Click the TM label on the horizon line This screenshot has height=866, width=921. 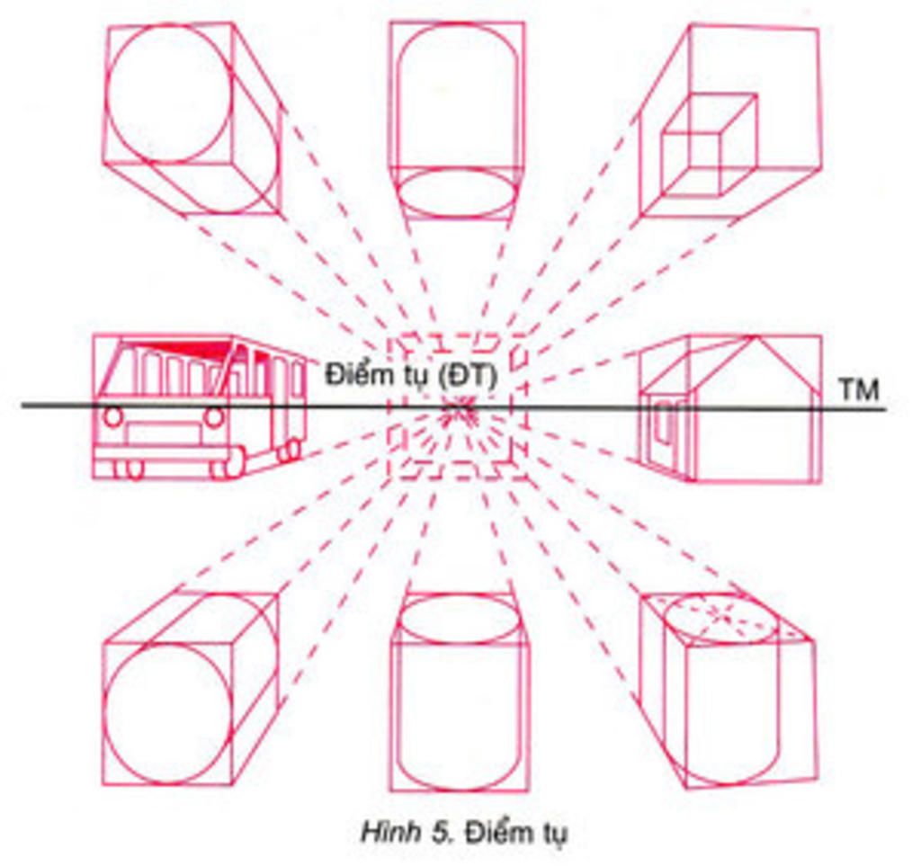(x=859, y=389)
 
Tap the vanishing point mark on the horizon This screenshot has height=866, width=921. (x=460, y=409)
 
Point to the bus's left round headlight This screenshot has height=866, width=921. (x=113, y=417)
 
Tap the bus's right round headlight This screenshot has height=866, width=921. (x=214, y=417)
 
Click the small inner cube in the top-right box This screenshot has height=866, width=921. (x=709, y=145)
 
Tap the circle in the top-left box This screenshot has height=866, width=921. (x=168, y=94)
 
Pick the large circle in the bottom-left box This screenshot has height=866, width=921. (x=168, y=714)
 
